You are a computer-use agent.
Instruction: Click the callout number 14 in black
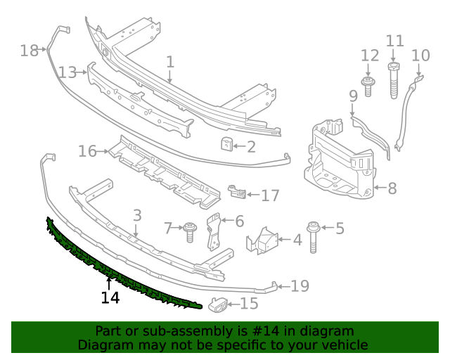tap(110, 297)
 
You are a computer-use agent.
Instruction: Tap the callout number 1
tap(170, 62)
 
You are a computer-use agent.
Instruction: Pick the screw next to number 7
tap(190, 231)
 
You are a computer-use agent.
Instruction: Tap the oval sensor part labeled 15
tap(217, 304)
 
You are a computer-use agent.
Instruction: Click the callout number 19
tap(300, 285)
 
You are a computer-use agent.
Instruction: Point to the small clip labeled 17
tap(237, 192)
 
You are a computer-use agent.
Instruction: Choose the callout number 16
tap(87, 151)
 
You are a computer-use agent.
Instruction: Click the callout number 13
tap(67, 72)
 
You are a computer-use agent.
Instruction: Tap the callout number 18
tap(29, 50)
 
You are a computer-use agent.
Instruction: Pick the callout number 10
tap(420, 55)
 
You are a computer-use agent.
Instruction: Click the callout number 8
tap(392, 188)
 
